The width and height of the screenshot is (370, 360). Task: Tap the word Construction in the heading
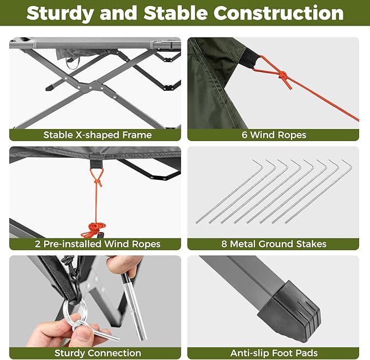click(x=278, y=13)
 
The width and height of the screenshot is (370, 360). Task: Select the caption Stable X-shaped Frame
click(x=98, y=135)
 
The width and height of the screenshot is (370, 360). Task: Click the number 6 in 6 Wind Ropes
click(x=245, y=135)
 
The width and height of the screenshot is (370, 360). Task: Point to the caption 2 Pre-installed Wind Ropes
click(x=98, y=244)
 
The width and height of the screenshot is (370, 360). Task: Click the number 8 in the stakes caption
click(x=224, y=244)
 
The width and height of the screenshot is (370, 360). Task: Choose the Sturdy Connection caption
click(x=98, y=353)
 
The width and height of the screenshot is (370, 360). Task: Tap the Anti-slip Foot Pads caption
click(x=274, y=353)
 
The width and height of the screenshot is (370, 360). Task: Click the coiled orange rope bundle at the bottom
click(x=93, y=230)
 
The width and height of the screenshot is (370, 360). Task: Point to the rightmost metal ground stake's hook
click(x=347, y=163)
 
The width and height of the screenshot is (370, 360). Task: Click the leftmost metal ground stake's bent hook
click(x=258, y=163)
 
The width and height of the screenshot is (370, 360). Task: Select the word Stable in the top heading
click(x=175, y=13)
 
